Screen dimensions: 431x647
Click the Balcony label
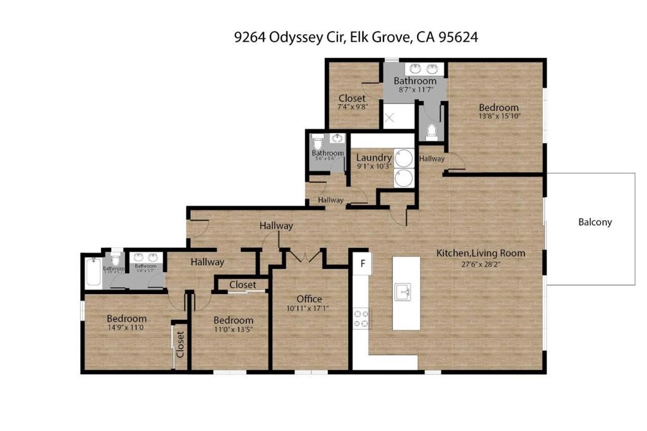(595, 222)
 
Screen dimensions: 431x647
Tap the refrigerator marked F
(363, 262)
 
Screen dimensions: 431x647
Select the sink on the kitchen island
(403, 292)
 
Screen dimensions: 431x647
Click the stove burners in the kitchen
(362, 317)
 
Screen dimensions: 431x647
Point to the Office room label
(309, 298)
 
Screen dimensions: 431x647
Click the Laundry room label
(374, 157)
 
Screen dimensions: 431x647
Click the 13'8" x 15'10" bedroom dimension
(498, 117)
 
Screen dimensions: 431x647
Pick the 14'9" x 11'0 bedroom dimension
(126, 328)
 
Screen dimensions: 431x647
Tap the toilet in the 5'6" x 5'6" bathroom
(318, 141)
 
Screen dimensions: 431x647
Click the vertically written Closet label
(180, 345)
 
